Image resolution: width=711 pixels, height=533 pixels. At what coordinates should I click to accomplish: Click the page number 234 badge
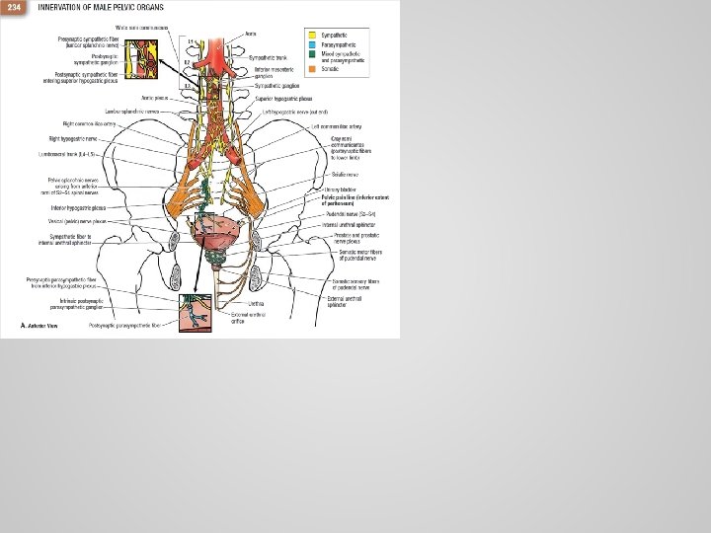tap(13, 8)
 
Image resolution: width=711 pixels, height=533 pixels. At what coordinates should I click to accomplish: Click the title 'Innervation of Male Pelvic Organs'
tap(86, 8)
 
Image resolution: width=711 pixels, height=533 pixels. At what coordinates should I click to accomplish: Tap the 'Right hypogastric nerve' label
tap(71, 138)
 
